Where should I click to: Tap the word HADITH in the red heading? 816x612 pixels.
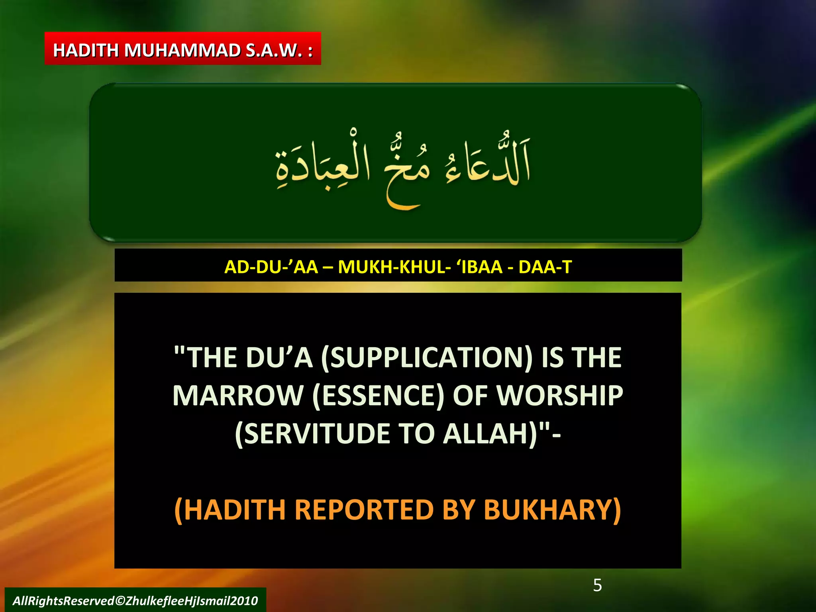(86, 51)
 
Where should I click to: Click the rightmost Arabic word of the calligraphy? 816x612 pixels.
(488, 163)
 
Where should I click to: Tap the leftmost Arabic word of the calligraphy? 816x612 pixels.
(323, 165)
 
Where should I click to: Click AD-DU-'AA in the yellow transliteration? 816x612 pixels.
(271, 267)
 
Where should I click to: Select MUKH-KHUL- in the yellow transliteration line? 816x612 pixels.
(394, 267)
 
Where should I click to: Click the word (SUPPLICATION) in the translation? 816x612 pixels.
(426, 357)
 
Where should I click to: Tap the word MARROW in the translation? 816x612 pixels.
(238, 396)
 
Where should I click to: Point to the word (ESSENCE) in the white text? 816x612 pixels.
(378, 396)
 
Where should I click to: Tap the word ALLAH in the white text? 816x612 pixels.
(490, 433)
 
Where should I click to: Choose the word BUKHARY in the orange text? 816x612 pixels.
(552, 510)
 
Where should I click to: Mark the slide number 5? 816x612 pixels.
(597, 585)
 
